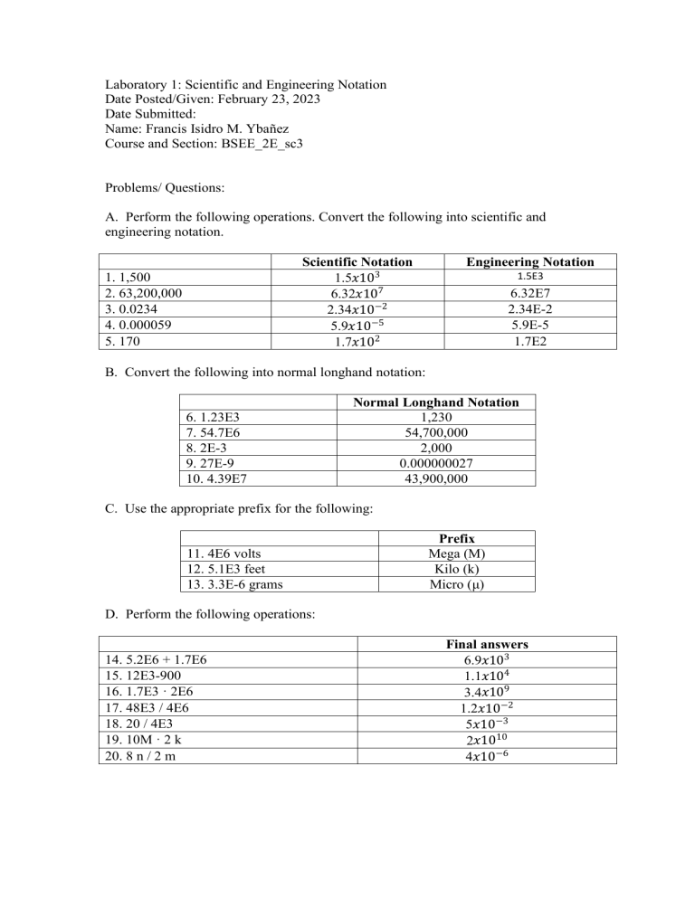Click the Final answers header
coord(488,645)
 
